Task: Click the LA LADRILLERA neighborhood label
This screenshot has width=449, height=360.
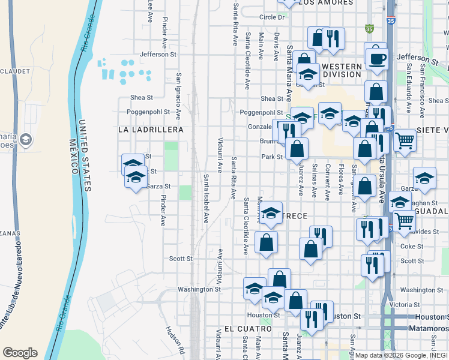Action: point(142,129)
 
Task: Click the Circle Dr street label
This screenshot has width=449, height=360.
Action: point(271,17)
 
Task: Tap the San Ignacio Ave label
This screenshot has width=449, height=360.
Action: point(178,96)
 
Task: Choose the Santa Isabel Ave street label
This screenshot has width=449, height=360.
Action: point(205,199)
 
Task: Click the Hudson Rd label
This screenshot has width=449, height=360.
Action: point(173,339)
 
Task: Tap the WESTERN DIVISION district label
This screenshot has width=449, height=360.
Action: point(340,70)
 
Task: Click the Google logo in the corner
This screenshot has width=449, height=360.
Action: point(20,353)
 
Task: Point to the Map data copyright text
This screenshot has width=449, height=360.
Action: point(401,355)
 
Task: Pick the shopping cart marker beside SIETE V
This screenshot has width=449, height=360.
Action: point(405,140)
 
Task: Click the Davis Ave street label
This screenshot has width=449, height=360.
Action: point(277,47)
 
